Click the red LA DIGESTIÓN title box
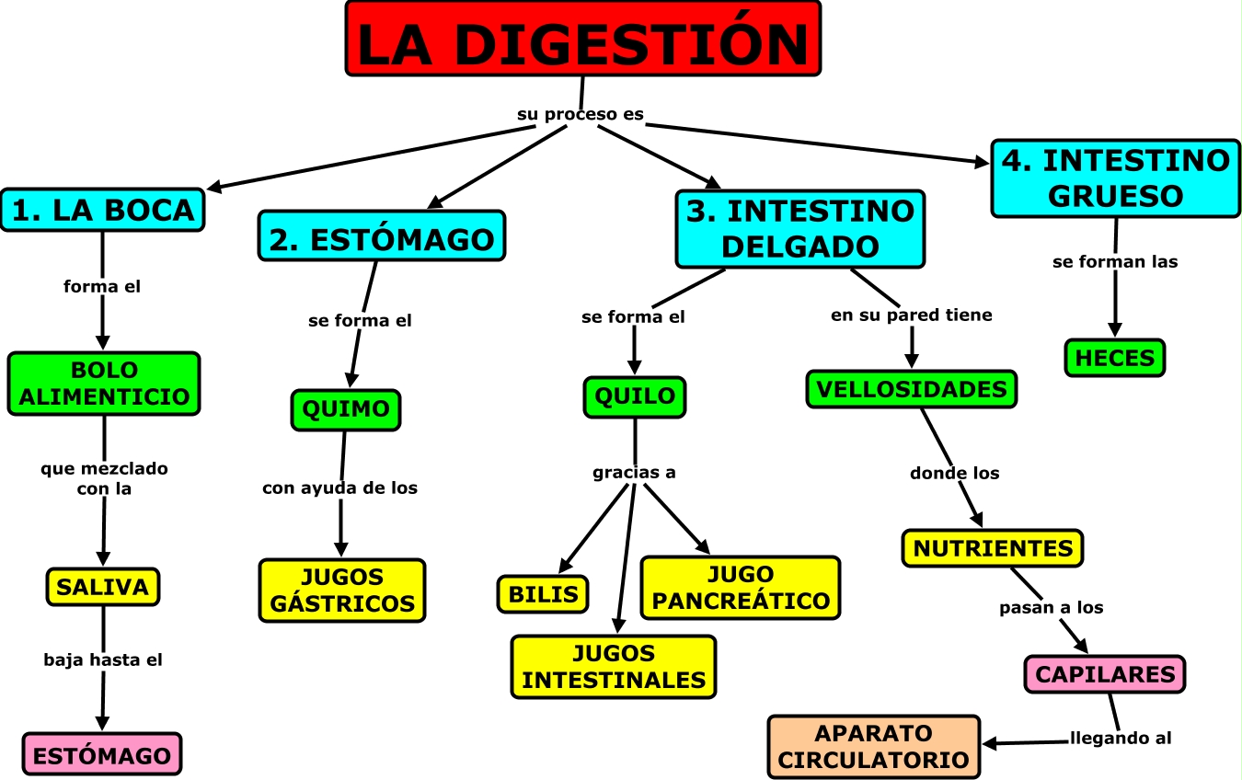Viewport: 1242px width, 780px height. (583, 39)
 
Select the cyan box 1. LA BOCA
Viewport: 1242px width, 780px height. (103, 210)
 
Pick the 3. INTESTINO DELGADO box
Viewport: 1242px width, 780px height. (800, 229)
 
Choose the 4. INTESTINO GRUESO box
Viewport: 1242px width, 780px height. (1116, 178)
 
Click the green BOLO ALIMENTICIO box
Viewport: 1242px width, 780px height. (104, 384)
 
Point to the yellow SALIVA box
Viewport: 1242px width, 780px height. (103, 587)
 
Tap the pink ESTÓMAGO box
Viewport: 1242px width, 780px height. (102, 755)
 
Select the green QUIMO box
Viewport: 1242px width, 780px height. (346, 409)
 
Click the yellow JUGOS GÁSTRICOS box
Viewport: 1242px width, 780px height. (342, 591)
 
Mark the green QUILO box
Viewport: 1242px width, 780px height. (635, 396)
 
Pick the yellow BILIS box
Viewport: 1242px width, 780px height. (543, 593)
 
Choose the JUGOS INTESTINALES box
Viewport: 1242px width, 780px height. (614, 667)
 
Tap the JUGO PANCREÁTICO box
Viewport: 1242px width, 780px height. (741, 588)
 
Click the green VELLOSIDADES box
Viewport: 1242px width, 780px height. (912, 389)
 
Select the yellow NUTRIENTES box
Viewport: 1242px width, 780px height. (993, 548)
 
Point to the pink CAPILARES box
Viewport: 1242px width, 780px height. (1105, 674)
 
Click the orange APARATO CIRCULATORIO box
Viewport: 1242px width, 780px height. (874, 747)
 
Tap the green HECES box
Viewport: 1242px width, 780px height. (1115, 358)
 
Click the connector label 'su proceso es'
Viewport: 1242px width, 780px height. (581, 115)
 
